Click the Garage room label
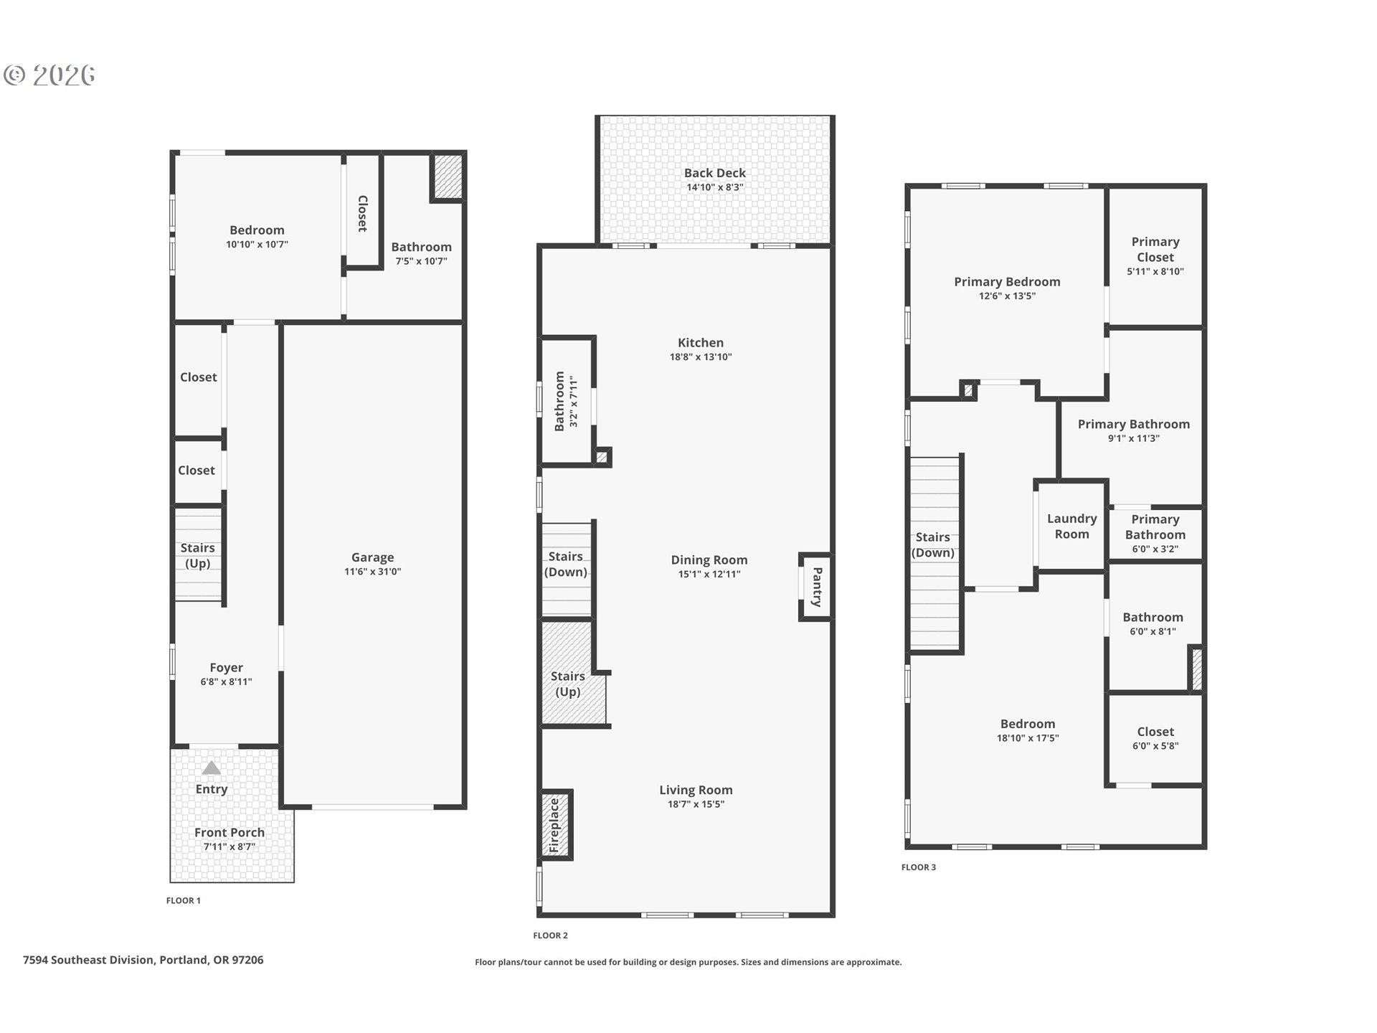pos(372,557)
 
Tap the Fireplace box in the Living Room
pos(555,825)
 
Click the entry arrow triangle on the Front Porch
pos(211,768)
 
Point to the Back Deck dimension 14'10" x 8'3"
pos(714,187)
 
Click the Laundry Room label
pos(1071,526)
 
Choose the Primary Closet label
pos(1155,249)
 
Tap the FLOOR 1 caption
pos(184,900)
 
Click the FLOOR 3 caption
pos(918,867)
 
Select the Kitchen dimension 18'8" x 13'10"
pos(700,357)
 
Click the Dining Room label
pos(709,560)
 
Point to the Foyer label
pos(226,667)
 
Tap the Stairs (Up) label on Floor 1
pos(197,555)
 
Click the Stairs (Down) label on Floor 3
pos(932,544)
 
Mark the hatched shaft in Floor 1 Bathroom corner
pos(447,176)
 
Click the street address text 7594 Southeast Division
pos(143,960)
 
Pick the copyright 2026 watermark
pos(49,75)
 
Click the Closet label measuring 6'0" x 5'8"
pos(1155,732)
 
